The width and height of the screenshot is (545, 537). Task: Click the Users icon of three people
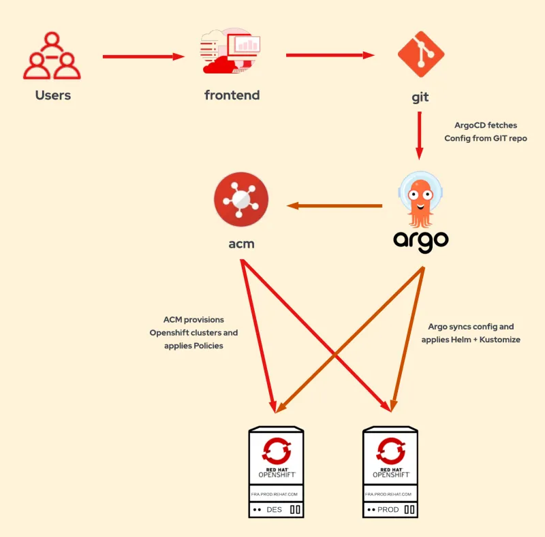click(x=52, y=57)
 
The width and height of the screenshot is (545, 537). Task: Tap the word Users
click(x=53, y=95)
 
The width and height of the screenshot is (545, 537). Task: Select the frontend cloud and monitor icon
click(x=232, y=54)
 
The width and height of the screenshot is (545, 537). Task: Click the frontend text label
click(x=232, y=95)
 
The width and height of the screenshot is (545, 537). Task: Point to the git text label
click(x=420, y=97)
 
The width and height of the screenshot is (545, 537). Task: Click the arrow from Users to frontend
click(x=143, y=57)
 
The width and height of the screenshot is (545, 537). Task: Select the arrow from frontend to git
click(x=330, y=55)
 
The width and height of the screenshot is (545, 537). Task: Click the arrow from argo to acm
click(x=334, y=206)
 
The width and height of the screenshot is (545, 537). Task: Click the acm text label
click(x=241, y=243)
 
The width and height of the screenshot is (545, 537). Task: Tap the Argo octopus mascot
click(x=421, y=197)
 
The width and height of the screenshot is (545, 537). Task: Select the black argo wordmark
click(x=421, y=241)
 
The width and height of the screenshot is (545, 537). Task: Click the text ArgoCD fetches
click(x=486, y=125)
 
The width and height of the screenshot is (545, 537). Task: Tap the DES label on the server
click(x=274, y=509)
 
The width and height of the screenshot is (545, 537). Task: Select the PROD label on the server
click(x=388, y=509)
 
